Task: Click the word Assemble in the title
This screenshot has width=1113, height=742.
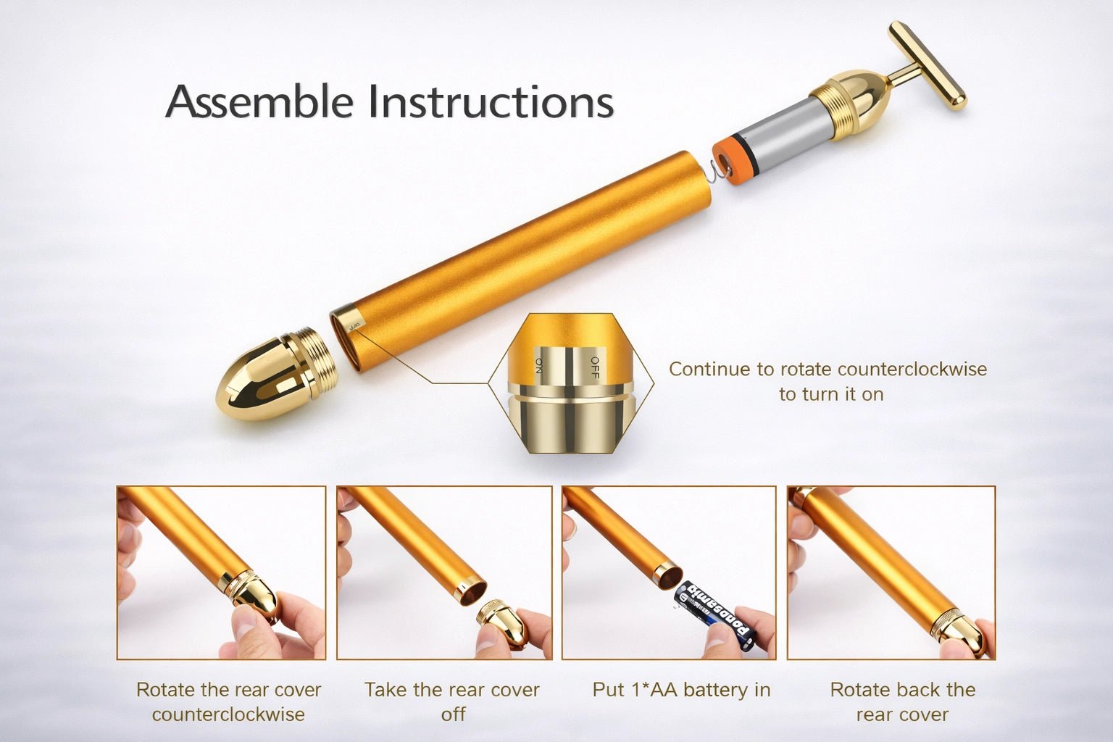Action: point(259,101)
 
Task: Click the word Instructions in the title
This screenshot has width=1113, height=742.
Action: point(491,101)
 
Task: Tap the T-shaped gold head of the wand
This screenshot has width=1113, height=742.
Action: point(927,66)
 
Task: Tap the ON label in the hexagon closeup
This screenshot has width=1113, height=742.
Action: point(538,364)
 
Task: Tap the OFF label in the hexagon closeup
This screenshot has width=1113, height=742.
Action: point(594,367)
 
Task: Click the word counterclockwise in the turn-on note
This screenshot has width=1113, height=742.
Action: point(912,370)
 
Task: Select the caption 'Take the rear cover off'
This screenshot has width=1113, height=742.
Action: point(452,701)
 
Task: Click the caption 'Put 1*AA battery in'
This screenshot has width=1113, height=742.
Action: point(681,690)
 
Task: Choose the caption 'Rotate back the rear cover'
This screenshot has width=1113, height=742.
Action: point(903,701)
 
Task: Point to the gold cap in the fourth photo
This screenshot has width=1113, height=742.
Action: point(956,629)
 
